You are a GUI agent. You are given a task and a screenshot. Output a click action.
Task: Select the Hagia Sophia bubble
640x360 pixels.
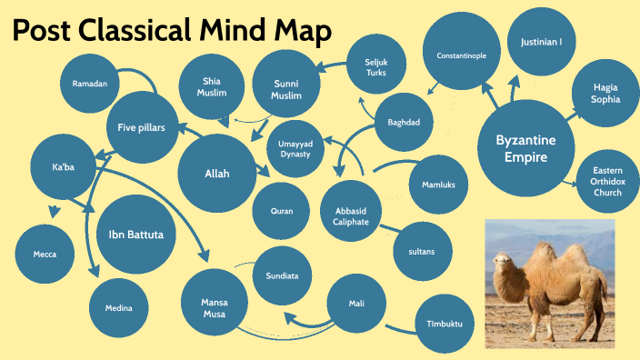[606, 94]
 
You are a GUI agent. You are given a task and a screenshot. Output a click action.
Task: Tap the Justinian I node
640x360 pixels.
[541, 42]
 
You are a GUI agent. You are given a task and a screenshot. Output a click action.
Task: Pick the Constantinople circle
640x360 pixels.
[461, 55]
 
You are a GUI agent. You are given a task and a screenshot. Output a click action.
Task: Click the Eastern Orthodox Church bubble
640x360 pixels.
[607, 181]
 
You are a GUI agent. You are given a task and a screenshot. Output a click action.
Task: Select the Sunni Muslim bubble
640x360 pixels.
[286, 88]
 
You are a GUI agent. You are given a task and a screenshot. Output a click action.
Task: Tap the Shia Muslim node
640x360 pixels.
[212, 88]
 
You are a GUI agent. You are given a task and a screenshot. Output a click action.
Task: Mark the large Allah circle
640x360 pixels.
[217, 173]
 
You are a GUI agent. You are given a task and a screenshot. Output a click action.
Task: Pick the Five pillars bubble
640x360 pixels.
[142, 127]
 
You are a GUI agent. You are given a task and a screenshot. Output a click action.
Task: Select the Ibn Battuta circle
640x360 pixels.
[136, 234]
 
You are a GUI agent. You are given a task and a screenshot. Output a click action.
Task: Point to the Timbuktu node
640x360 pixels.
[445, 324]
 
